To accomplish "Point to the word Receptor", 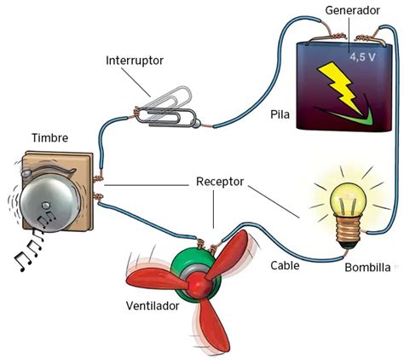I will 220,183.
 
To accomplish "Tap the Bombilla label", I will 368,267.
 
